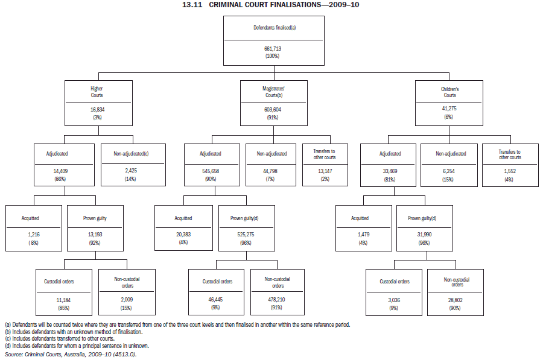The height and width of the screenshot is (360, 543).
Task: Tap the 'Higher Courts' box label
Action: tap(97, 92)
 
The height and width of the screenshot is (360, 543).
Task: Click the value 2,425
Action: tap(131, 171)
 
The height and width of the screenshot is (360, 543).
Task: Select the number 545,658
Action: tap(210, 171)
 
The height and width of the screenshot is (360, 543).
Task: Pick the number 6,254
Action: tap(449, 171)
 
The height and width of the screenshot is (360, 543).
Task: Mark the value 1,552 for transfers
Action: tap(510, 171)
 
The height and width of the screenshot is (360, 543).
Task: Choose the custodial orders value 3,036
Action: tap(395, 300)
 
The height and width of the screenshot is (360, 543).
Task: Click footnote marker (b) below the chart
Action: tap(7, 332)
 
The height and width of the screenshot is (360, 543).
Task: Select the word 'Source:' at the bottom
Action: tap(13, 355)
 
